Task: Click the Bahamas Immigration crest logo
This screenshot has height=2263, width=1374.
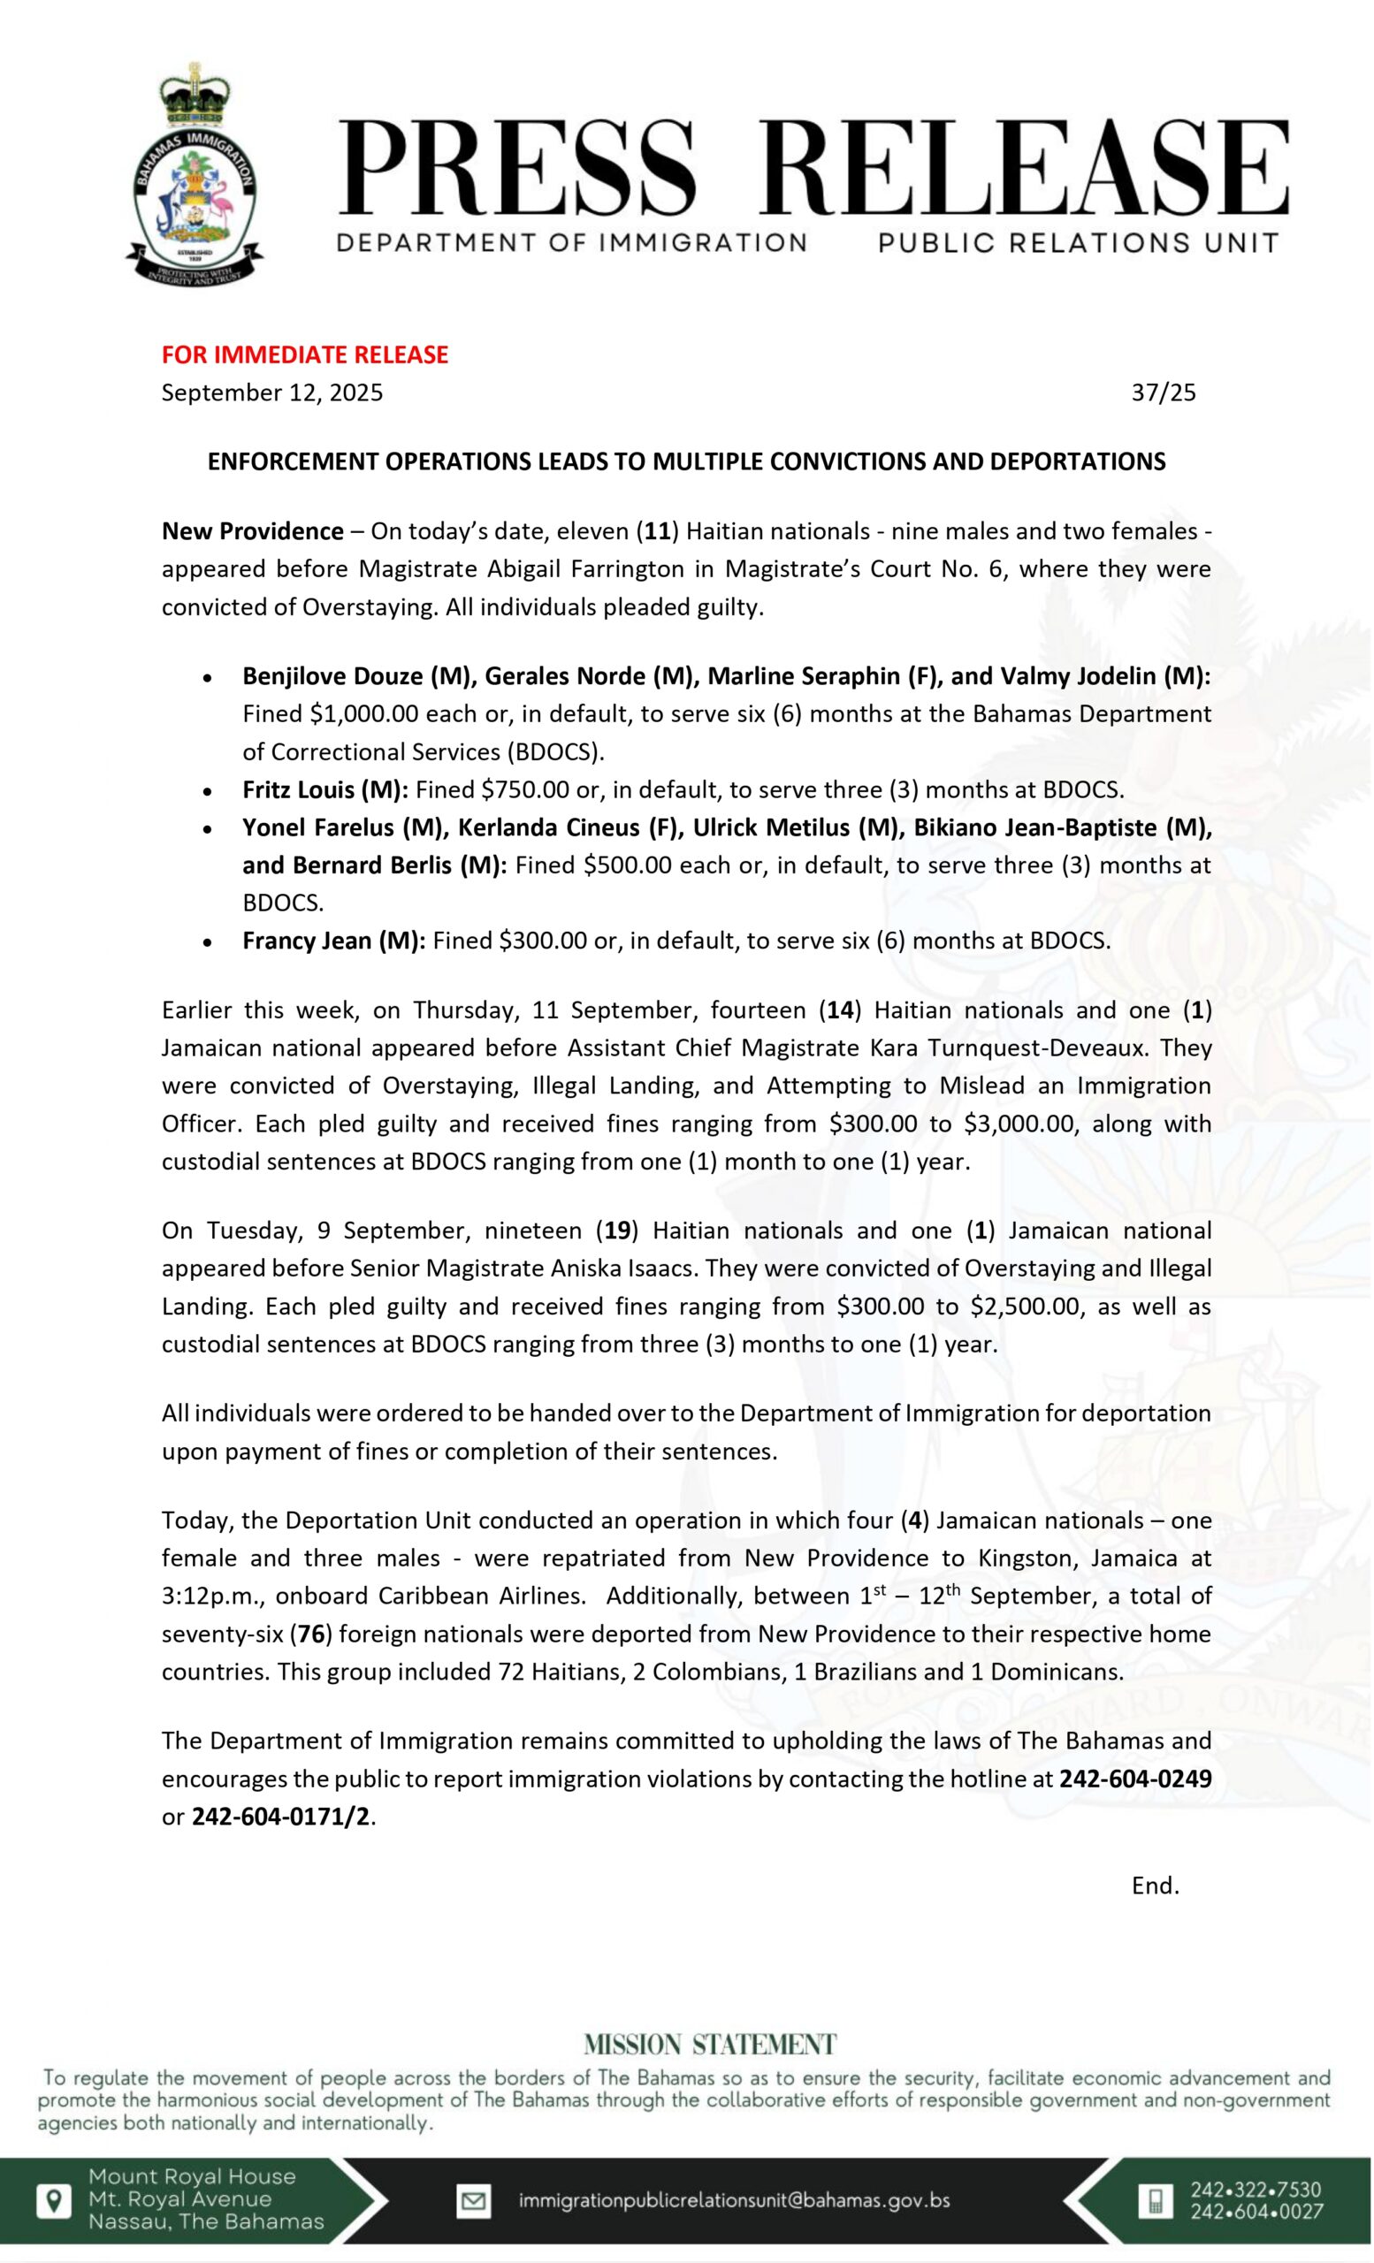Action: tap(194, 174)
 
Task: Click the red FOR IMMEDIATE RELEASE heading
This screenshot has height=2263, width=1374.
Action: tap(305, 354)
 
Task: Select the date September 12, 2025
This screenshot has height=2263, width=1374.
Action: tap(271, 393)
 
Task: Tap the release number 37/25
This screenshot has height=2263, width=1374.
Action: tap(1163, 393)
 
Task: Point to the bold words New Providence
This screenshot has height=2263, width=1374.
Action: tap(252, 532)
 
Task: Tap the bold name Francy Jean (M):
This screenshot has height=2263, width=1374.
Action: tap(333, 941)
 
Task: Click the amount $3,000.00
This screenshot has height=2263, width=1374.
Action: tap(1019, 1124)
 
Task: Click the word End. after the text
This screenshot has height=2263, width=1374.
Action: tap(1155, 1886)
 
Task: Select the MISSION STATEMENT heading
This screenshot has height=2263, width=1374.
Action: tap(710, 2045)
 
